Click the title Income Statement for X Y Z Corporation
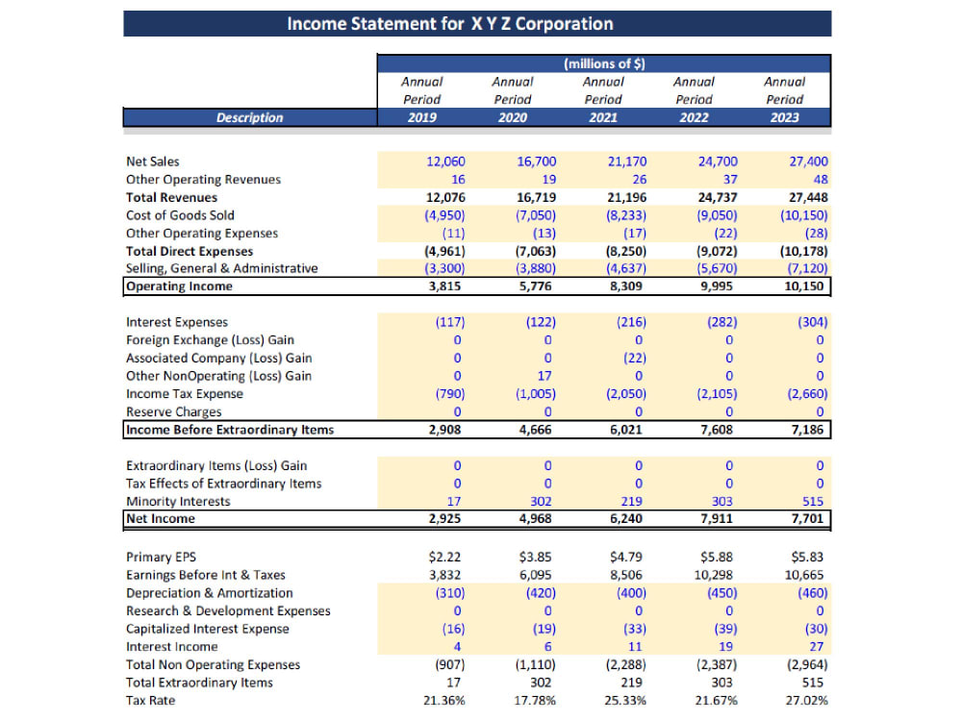[x=450, y=24]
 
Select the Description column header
[x=250, y=117]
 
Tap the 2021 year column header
[x=603, y=117]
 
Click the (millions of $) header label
[x=604, y=63]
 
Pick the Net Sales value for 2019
[x=446, y=162]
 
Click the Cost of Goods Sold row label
[x=181, y=215]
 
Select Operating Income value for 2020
[x=536, y=286]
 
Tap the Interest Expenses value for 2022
[x=722, y=322]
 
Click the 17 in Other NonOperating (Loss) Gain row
[x=544, y=376]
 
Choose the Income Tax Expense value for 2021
[x=626, y=393]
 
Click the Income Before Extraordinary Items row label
[x=230, y=430]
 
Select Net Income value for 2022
[x=717, y=519]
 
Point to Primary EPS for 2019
[x=444, y=557]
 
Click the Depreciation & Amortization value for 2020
[x=541, y=593]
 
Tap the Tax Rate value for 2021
[x=625, y=700]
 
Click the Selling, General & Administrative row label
[x=222, y=268]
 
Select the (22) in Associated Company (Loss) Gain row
[x=634, y=358]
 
